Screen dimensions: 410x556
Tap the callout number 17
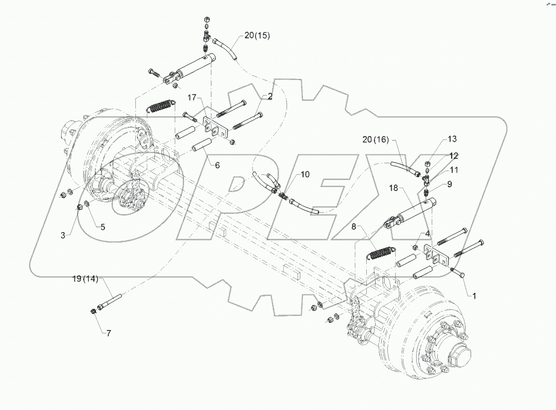click(x=191, y=98)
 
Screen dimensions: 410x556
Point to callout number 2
click(x=270, y=96)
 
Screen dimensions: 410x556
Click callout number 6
click(x=218, y=165)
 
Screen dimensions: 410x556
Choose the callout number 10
click(x=305, y=174)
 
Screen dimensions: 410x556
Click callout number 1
click(x=474, y=296)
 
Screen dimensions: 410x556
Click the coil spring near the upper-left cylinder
click(x=163, y=104)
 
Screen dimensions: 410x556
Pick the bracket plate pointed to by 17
click(x=214, y=128)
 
